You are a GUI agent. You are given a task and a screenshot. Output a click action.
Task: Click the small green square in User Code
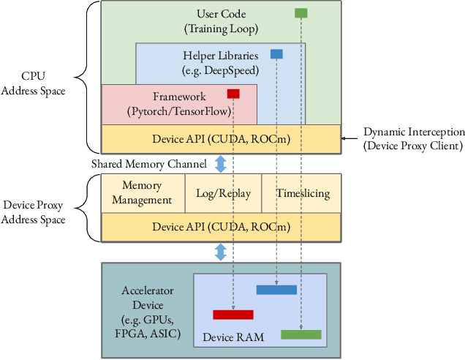coord(300,13)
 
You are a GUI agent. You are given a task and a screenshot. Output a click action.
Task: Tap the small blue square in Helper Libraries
coord(276,53)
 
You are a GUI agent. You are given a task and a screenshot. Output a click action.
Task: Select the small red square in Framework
coord(233,93)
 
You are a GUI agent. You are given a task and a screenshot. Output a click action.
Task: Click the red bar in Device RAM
coord(232,315)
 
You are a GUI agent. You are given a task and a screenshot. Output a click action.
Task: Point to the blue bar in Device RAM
coord(276,290)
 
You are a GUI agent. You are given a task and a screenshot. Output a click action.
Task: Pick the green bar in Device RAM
coord(300,334)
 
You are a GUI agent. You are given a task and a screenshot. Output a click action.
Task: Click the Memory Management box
coord(143,193)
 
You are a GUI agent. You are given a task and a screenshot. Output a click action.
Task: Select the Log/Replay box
coord(224,193)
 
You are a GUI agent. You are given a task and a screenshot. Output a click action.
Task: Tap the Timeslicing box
coord(302,193)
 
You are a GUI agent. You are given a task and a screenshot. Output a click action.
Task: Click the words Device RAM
coord(232,337)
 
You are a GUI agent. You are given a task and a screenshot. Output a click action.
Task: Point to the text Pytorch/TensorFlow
coord(178,111)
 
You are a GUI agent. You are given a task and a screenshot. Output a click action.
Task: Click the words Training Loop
coord(220,29)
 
